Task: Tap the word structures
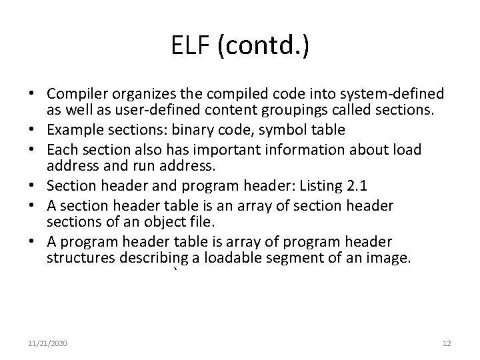point(76,257)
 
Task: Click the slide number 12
point(447,343)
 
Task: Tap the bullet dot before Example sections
point(32,129)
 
